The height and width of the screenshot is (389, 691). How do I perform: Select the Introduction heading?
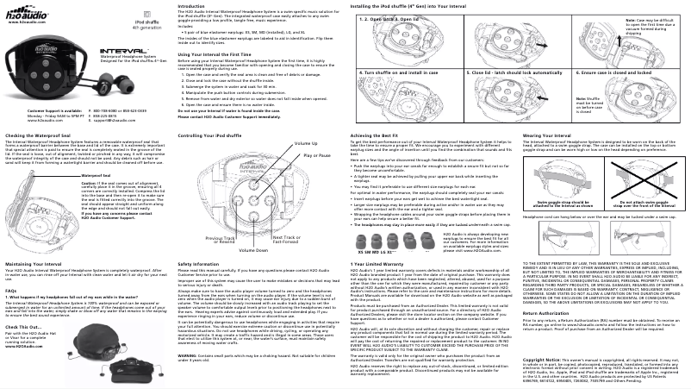[x=192, y=5]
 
